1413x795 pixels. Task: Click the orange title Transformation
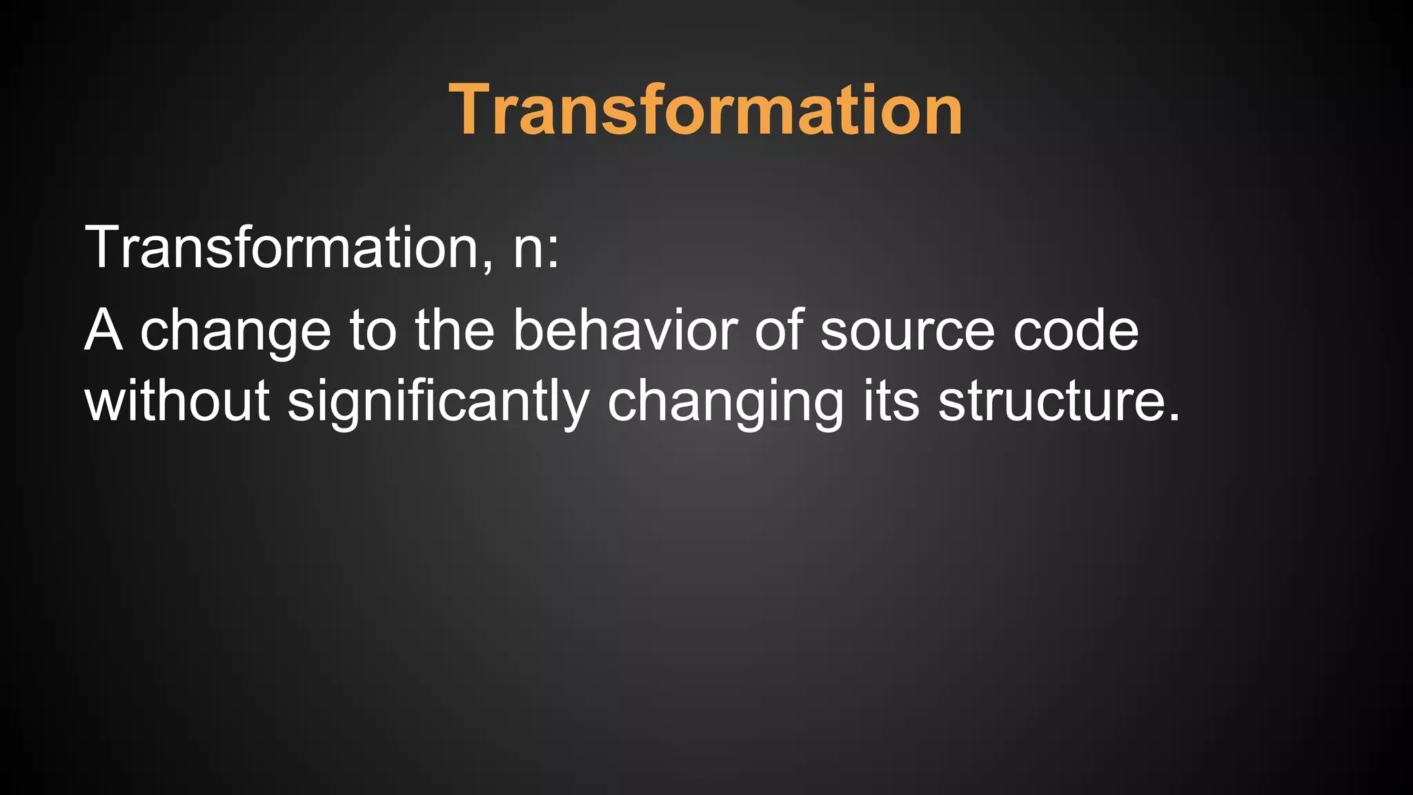pyautogui.click(x=706, y=110)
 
